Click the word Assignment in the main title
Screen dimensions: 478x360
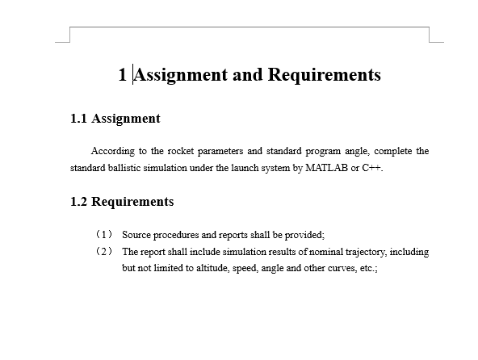coord(179,75)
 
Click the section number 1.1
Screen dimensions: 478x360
coord(79,119)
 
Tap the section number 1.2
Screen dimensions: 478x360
coord(79,201)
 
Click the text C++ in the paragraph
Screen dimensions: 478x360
coord(371,169)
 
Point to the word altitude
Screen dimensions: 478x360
coord(212,267)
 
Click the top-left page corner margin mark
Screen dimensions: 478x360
coord(65,36)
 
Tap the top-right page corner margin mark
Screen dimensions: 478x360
coord(434,36)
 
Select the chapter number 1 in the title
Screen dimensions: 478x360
coord(122,75)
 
